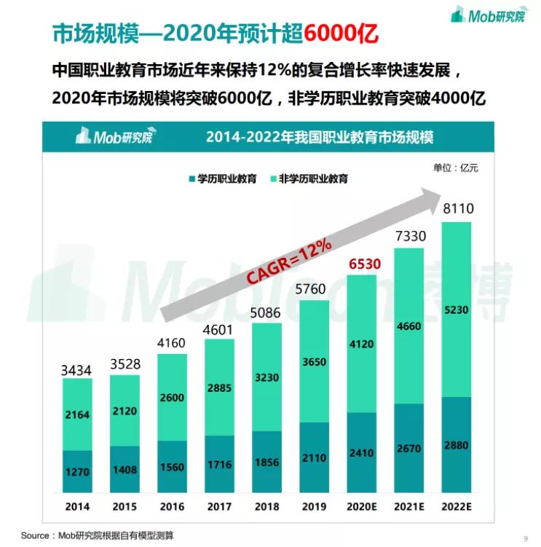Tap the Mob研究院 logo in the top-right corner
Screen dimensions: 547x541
pyautogui.click(x=487, y=15)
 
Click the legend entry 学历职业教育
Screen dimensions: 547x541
pyautogui.click(x=222, y=178)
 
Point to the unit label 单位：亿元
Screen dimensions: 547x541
pyautogui.click(x=456, y=168)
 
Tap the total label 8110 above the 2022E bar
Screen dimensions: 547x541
pyautogui.click(x=458, y=209)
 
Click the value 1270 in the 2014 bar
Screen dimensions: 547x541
pyautogui.click(x=76, y=472)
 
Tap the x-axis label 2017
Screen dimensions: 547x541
pyautogui.click(x=219, y=505)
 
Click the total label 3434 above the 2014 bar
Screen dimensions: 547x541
pyautogui.click(x=76, y=371)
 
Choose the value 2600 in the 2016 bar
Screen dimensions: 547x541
pyautogui.click(x=172, y=398)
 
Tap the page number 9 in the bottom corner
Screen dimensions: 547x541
pyautogui.click(x=525, y=538)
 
